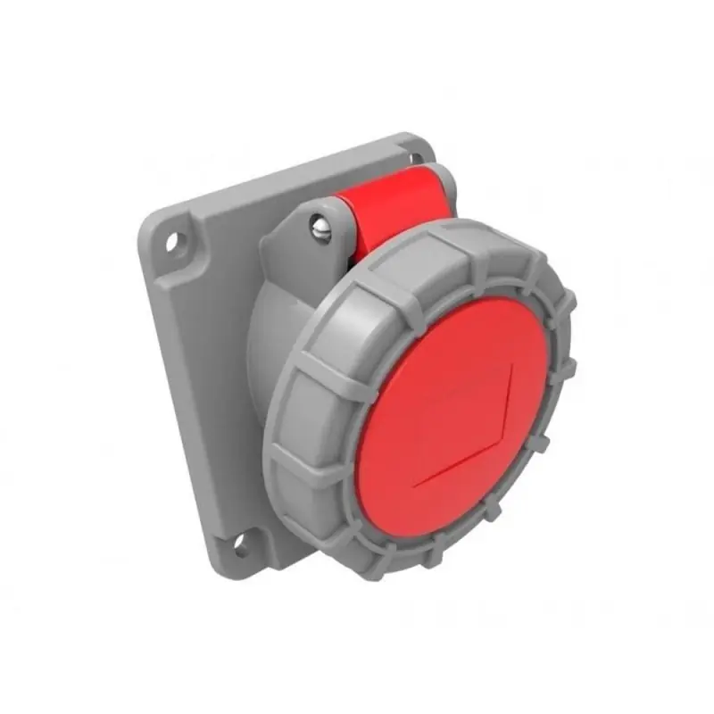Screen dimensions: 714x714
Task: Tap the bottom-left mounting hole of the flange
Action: (240, 540)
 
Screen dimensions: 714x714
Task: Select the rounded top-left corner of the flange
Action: (152, 219)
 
